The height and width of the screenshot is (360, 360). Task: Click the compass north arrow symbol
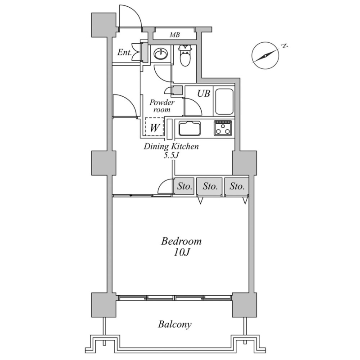[x=265, y=55]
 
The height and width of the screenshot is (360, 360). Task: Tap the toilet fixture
[x=185, y=55]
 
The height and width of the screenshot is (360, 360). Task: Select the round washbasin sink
[x=161, y=54]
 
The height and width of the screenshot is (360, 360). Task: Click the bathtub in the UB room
[x=224, y=102]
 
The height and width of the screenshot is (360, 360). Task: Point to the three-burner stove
[x=223, y=128]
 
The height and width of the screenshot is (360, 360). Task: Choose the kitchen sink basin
[x=189, y=128]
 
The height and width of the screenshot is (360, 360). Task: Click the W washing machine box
[x=154, y=127]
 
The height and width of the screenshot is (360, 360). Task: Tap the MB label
[x=175, y=35]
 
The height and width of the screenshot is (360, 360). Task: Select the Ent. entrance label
[x=125, y=53]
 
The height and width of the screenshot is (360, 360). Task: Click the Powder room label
[x=162, y=106]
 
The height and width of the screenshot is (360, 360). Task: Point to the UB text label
[x=204, y=93]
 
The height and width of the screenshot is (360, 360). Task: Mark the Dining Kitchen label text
[x=171, y=147]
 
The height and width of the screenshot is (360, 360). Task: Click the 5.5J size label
[x=171, y=155]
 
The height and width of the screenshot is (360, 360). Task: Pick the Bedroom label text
[x=181, y=241]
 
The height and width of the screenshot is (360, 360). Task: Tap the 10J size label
[x=181, y=252]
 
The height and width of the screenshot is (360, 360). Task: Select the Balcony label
[x=175, y=324]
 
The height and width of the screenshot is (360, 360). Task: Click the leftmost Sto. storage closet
[x=184, y=186]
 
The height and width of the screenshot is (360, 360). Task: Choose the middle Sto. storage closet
[x=210, y=186]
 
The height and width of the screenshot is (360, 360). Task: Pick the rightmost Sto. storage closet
[x=237, y=186]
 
